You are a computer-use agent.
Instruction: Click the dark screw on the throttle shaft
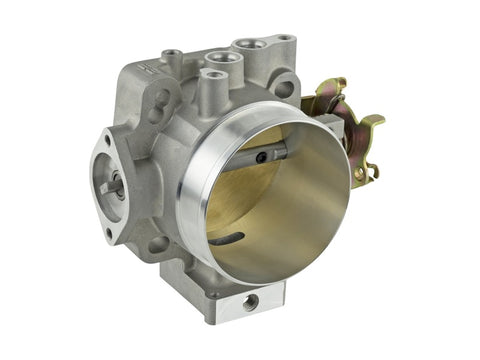tap(263, 156)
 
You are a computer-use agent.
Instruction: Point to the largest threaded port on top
tap(247, 46)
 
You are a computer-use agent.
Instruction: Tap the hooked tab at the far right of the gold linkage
tap(375, 123)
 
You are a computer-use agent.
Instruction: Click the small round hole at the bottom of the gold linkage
tap(356, 172)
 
